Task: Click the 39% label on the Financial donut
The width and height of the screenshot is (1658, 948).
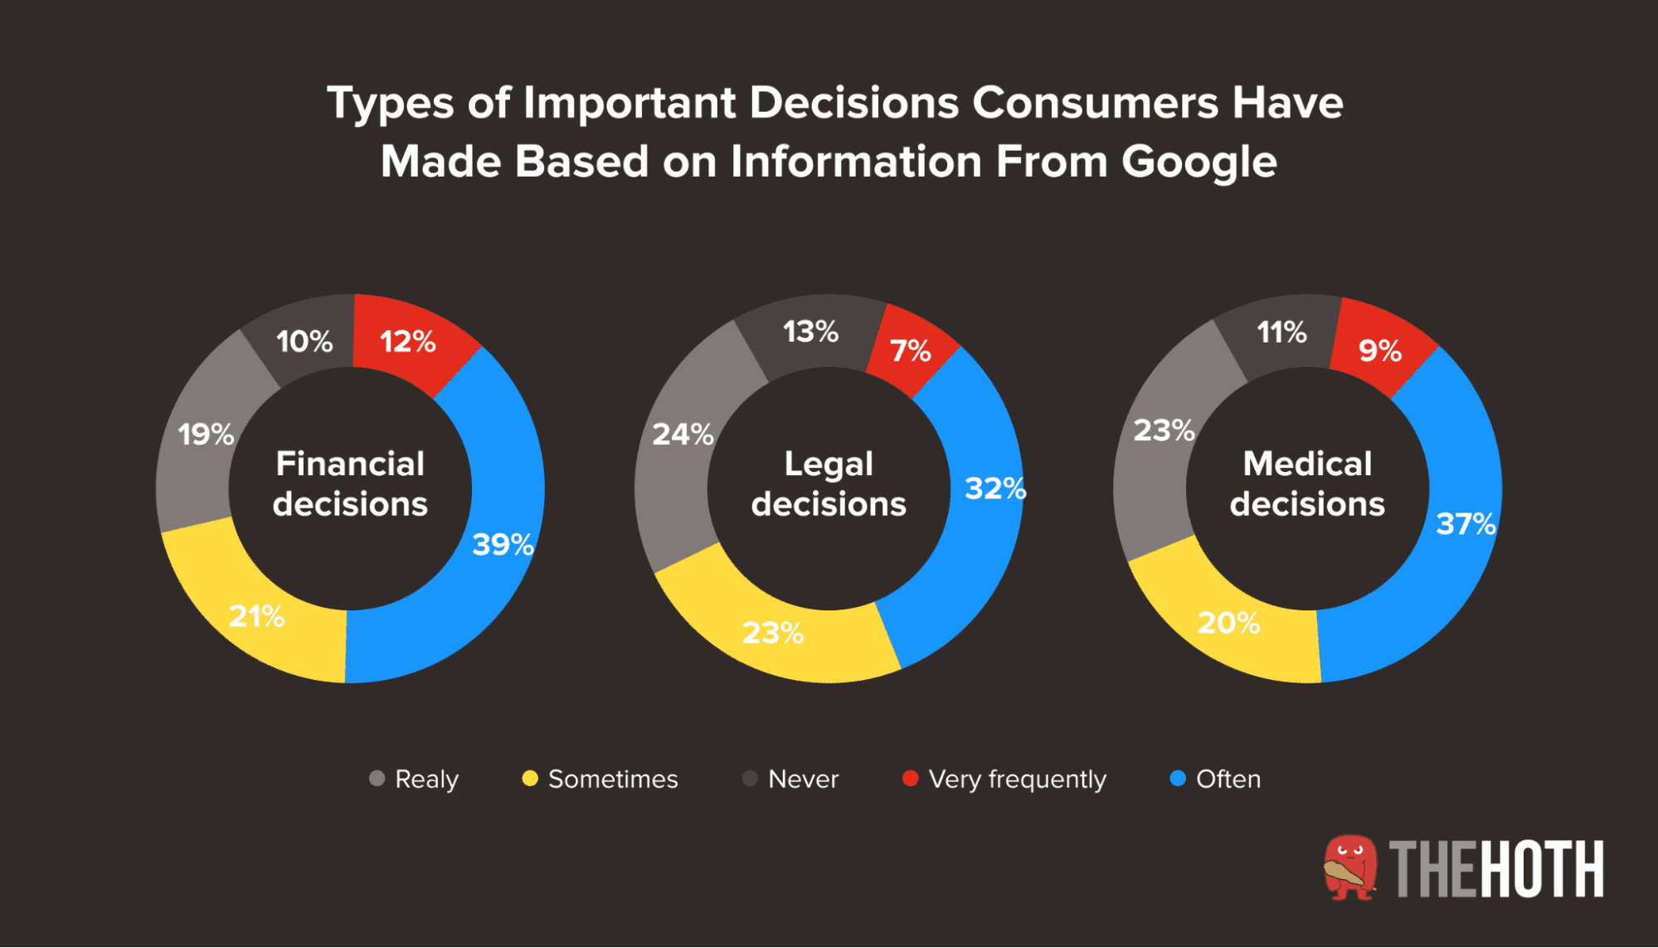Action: (x=503, y=545)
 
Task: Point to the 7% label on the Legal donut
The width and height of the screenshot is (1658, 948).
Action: (x=911, y=351)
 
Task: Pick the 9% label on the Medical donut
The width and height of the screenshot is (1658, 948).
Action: (x=1380, y=351)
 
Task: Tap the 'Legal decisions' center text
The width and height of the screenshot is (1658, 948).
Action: (x=829, y=484)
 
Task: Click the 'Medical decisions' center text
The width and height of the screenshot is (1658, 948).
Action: (x=1307, y=484)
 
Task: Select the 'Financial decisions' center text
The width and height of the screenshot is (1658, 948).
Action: (x=350, y=484)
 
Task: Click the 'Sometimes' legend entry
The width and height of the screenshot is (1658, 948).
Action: (x=612, y=779)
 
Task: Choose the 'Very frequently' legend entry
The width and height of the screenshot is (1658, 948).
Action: (x=1017, y=779)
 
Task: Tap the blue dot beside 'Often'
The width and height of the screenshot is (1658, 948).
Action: (x=1177, y=778)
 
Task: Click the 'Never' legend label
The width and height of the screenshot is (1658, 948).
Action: (x=803, y=779)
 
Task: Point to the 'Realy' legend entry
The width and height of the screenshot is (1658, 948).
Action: (x=425, y=779)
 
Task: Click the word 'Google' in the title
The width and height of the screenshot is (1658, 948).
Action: (x=1199, y=162)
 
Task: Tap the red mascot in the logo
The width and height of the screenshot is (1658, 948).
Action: (x=1349, y=868)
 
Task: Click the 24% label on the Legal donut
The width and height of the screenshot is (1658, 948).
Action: (x=683, y=434)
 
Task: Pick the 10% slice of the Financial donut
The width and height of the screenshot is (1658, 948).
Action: (x=304, y=341)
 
